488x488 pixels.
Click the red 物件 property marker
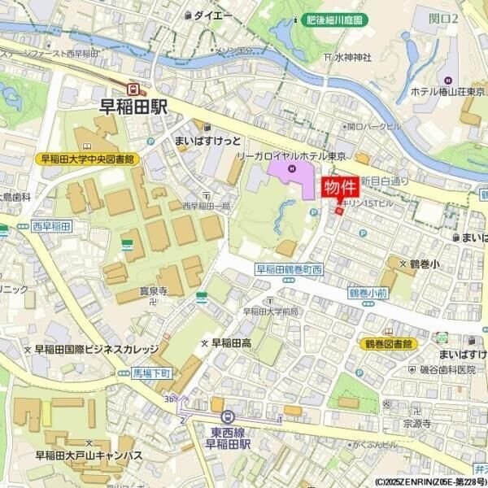(x=341, y=188)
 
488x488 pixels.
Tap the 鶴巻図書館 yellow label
(x=388, y=344)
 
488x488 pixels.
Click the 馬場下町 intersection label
(x=152, y=373)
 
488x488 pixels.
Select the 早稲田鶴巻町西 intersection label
(x=290, y=269)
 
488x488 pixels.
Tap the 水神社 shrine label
(x=351, y=57)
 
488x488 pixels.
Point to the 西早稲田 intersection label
(x=53, y=225)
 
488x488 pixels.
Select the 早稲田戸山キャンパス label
(x=79, y=455)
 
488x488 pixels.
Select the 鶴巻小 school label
(x=424, y=264)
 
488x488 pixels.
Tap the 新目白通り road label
(x=382, y=181)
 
